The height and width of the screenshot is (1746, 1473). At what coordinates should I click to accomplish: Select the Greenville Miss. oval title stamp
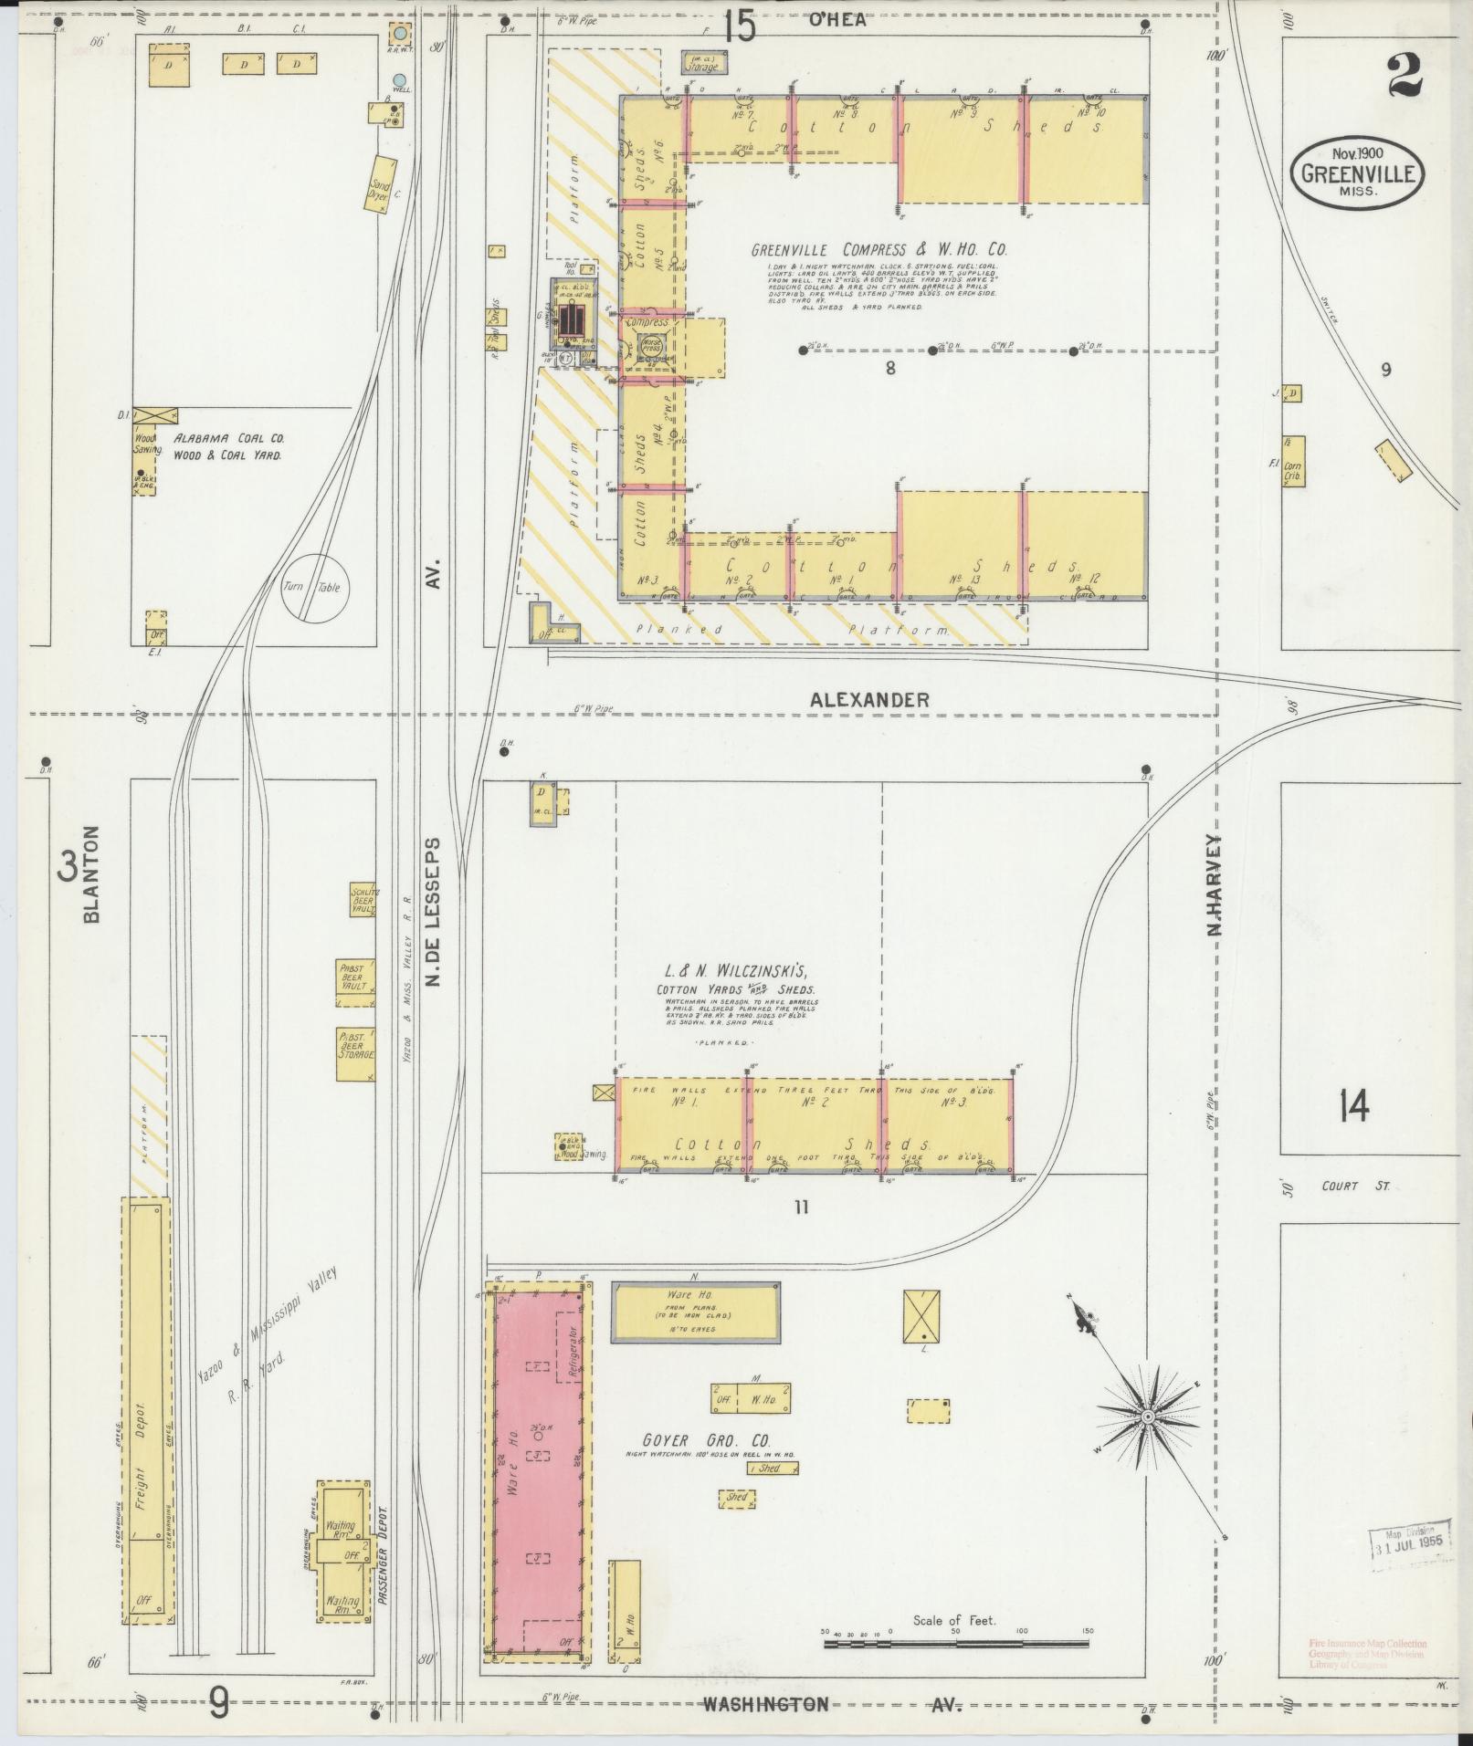[1358, 173]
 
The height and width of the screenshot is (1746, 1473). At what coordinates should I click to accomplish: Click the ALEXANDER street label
[869, 700]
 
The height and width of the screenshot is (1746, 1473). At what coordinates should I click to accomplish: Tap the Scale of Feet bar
[955, 1643]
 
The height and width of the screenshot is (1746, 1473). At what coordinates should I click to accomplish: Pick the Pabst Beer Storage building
[356, 1054]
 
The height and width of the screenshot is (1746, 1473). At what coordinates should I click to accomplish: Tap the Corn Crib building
[1292, 462]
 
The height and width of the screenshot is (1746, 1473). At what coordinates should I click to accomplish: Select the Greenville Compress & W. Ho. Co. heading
[879, 249]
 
